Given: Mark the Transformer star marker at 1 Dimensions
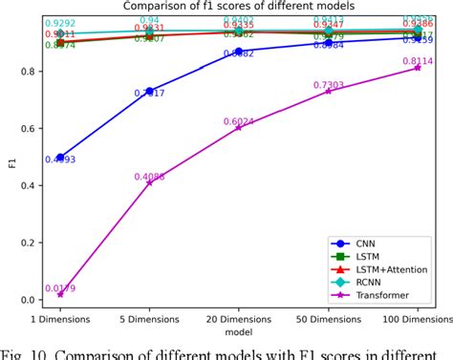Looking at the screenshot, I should click(60, 295).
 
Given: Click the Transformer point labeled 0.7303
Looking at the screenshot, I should click(328, 91).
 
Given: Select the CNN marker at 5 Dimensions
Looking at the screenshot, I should click(149, 91).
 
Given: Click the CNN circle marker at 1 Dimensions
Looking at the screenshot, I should click(60, 157).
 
